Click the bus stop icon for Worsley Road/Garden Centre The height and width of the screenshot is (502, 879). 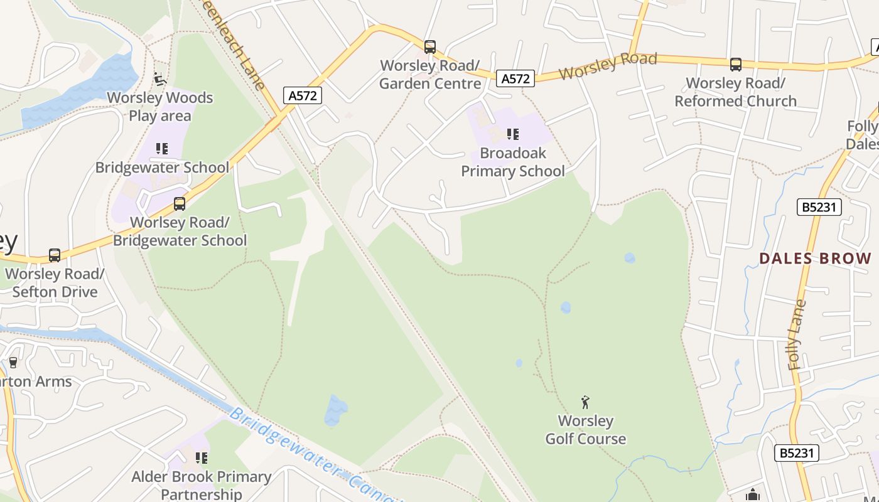pos(430,47)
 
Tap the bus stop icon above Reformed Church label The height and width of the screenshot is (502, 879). pos(735,65)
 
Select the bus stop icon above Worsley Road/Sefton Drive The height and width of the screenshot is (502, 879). pos(55,255)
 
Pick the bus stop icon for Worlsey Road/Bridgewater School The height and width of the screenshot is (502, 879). pos(180,204)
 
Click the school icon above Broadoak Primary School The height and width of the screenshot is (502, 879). pos(513,134)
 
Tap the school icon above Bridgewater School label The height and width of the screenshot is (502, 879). pos(162,149)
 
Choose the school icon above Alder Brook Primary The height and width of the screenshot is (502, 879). pos(201,458)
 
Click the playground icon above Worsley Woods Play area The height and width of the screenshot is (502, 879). pos(159,79)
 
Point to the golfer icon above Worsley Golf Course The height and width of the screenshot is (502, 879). pos(585,402)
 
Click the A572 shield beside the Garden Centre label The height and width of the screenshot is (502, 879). pos(515,78)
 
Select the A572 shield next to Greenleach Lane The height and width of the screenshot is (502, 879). pos(303,95)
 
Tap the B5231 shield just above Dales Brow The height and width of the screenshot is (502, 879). pos(819,207)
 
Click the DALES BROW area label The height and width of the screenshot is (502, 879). pos(815,259)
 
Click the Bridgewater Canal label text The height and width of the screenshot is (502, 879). pos(314,455)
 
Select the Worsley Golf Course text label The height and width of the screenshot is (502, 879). pos(585,430)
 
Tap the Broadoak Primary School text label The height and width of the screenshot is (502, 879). pos(513,162)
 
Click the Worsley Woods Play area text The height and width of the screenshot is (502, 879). pos(159,107)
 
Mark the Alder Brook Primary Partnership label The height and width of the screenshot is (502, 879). pos(201,485)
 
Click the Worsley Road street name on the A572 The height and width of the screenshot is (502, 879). pos(607,66)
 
